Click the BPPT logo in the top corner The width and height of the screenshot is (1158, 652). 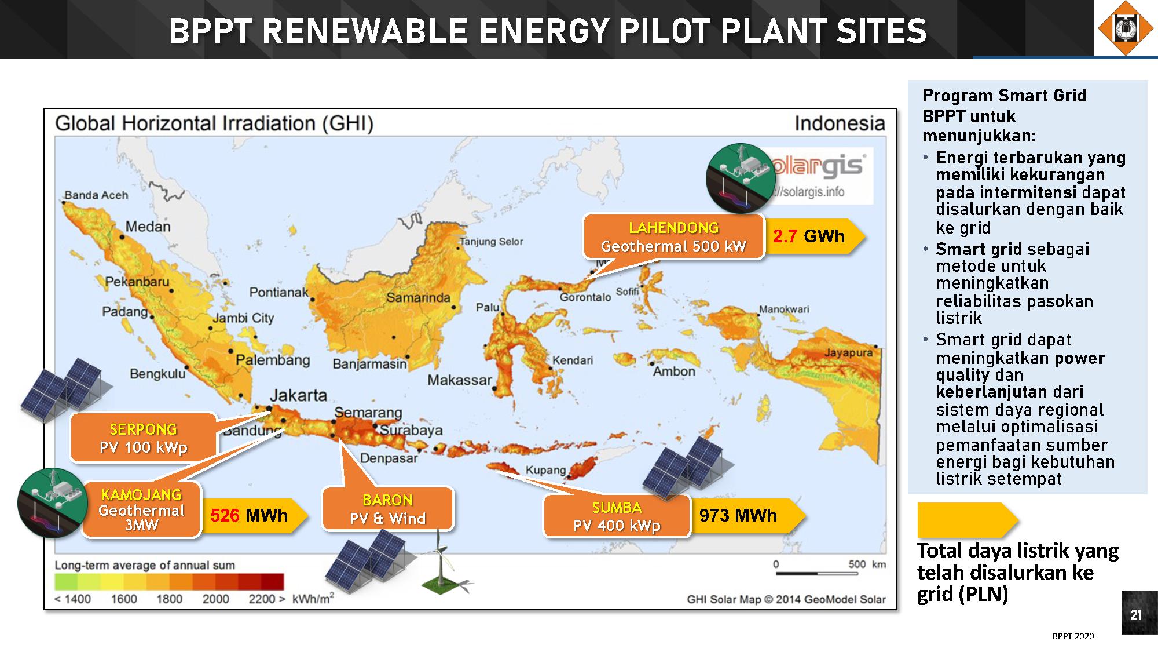click(x=1126, y=28)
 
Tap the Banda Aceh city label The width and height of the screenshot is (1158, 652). click(x=96, y=195)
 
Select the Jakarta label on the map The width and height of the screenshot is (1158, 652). click(x=299, y=395)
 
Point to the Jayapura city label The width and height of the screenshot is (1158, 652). click(x=848, y=352)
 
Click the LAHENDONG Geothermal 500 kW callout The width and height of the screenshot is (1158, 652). click(x=673, y=236)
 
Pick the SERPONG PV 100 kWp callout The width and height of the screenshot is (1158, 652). click(x=144, y=438)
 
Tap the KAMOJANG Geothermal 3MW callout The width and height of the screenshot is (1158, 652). click(x=142, y=509)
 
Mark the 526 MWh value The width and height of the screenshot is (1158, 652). click(x=249, y=515)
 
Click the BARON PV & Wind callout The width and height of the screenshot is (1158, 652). click(x=388, y=509)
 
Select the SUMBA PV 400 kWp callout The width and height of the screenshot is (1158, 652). click(x=617, y=516)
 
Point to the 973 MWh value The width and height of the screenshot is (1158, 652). click(x=738, y=515)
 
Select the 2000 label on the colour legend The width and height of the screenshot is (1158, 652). click(x=215, y=599)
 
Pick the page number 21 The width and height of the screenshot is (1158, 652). click(x=1136, y=615)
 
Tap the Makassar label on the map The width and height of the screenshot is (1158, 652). click(x=460, y=380)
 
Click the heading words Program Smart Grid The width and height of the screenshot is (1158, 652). click(x=1004, y=95)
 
